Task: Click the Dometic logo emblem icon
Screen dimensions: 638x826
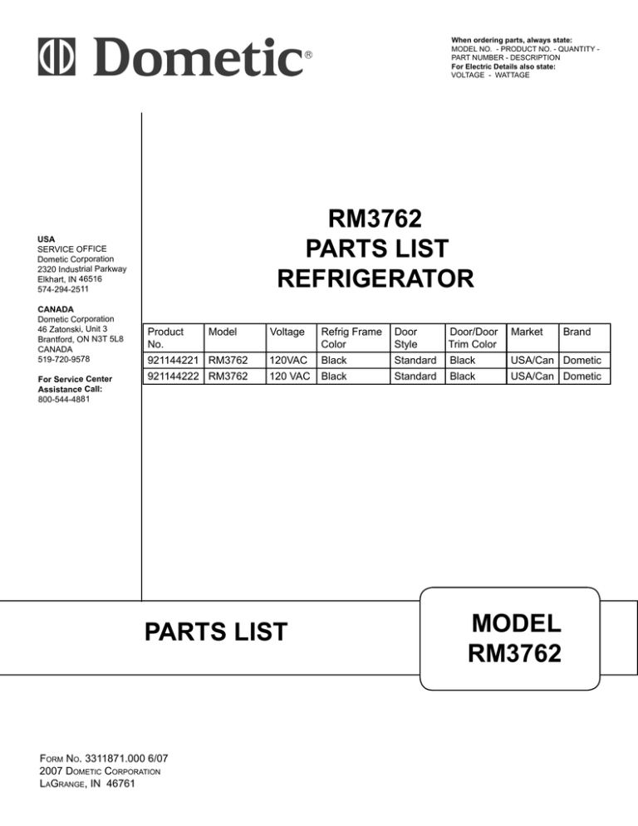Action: (x=56, y=57)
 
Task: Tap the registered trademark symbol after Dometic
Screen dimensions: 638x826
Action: (x=308, y=54)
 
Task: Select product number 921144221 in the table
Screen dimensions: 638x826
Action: (x=173, y=361)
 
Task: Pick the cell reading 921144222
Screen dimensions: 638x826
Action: (x=173, y=376)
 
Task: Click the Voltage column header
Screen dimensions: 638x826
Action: (x=287, y=332)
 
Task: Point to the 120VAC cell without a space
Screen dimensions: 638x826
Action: (x=288, y=361)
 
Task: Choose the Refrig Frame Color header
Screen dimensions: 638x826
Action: (x=351, y=337)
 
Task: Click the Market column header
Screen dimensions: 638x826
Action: (x=527, y=332)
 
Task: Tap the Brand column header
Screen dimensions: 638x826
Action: (x=577, y=332)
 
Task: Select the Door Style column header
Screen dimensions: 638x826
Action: (x=406, y=337)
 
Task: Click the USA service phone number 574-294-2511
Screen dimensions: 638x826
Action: (x=63, y=289)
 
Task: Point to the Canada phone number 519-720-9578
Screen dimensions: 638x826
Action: (x=64, y=359)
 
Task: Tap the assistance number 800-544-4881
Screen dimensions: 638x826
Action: (x=64, y=400)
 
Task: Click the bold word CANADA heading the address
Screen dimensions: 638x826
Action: (x=56, y=309)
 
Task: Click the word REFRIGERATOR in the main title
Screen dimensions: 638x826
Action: (x=375, y=278)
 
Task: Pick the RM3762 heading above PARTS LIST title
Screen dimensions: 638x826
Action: (x=375, y=219)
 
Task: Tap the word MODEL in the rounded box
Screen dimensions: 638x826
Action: (x=517, y=624)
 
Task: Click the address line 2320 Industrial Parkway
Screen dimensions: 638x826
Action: (x=82, y=269)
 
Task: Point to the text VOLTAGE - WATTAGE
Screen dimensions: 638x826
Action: (x=490, y=76)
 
